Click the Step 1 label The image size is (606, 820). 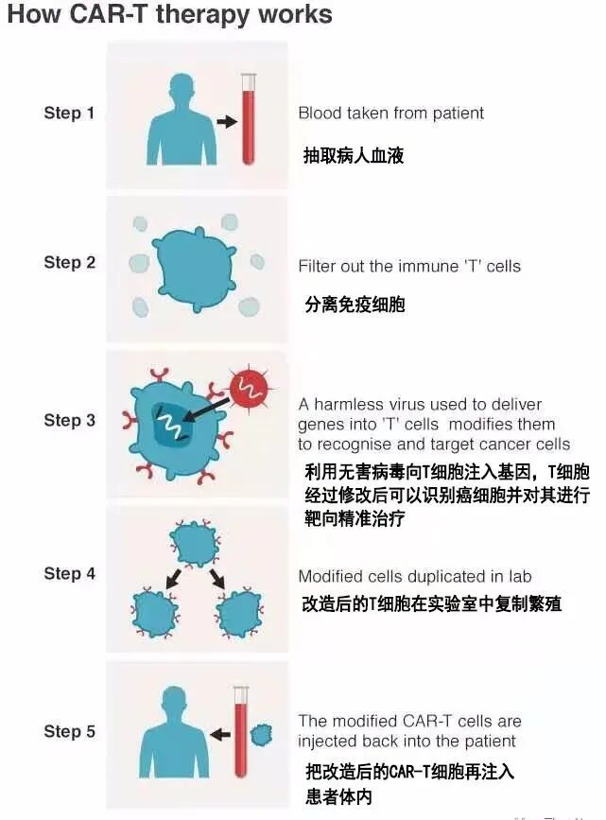[69, 113]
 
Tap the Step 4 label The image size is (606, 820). [70, 574]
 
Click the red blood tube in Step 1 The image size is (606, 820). [249, 119]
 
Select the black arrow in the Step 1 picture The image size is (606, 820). [227, 122]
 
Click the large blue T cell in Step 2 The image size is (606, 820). [195, 270]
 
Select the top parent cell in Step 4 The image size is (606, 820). [196, 544]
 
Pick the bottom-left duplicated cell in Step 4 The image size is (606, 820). [155, 612]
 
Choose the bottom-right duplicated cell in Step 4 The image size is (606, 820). [240, 612]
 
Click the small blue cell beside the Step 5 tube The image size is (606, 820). [262, 735]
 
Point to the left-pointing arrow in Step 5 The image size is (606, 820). [220, 735]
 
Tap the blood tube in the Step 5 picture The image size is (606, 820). [241, 732]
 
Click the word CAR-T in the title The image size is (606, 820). [108, 14]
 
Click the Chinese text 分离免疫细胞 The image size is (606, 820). [355, 305]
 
